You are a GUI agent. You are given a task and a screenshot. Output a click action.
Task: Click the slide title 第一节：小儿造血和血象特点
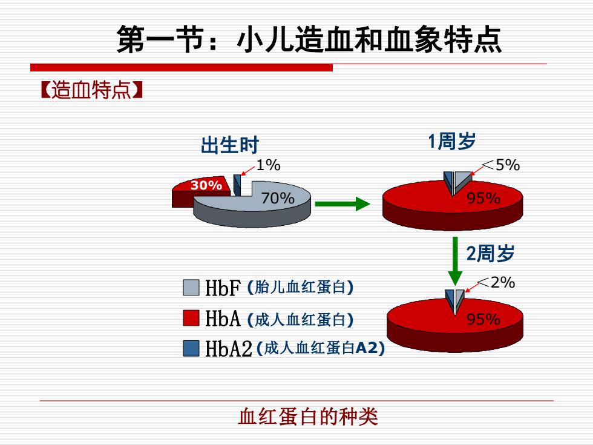309,39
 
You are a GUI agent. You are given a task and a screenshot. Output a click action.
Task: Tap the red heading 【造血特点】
91,90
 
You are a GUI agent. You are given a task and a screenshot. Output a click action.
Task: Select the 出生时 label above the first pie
229,145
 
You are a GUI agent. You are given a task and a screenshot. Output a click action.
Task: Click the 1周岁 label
451,141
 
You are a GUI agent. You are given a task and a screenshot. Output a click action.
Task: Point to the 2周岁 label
490,253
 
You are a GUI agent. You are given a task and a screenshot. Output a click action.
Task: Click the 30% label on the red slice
206,185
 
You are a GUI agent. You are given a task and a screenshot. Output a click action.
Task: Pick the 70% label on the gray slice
278,197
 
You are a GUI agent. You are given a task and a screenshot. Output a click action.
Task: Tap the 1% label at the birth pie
269,165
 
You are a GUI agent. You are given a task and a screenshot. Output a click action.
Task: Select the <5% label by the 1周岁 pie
501,165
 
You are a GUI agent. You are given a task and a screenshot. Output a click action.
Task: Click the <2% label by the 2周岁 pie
496,282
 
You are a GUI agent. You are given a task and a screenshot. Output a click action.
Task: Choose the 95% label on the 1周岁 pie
483,198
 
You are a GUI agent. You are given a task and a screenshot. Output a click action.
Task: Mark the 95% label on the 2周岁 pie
483,319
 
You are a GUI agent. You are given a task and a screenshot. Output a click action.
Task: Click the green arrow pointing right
342,204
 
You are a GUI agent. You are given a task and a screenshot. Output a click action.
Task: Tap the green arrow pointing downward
455,261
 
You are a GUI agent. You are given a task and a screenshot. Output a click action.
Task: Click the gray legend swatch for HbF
191,288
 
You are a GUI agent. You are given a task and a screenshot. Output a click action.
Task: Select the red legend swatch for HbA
191,318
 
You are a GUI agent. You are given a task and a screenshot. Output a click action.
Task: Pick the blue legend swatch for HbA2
191,348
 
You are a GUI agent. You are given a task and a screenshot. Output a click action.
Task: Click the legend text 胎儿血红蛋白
300,287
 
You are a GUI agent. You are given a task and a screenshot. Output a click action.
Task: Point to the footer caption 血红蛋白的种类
308,417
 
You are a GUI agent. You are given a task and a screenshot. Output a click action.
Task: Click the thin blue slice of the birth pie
237,185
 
